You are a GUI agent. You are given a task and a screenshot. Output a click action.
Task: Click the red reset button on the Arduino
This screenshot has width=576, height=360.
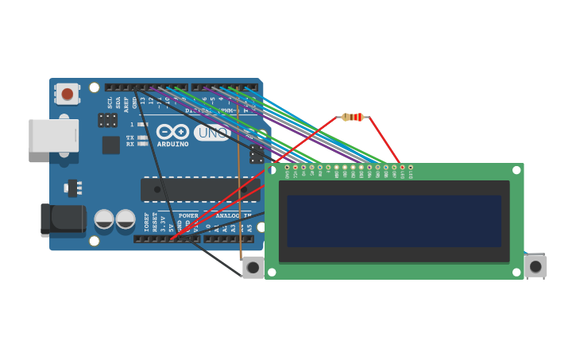pos(68,94)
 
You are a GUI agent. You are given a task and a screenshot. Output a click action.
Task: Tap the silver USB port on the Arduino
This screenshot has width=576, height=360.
pos(53,135)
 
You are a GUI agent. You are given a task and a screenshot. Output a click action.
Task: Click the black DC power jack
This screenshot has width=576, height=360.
pos(63,219)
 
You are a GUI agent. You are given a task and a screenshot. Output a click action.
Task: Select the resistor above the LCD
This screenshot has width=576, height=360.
pos(353,117)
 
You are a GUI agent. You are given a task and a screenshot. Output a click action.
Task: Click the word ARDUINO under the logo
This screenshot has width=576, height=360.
pos(172,145)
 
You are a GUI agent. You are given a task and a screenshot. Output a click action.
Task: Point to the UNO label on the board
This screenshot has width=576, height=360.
pos(211,133)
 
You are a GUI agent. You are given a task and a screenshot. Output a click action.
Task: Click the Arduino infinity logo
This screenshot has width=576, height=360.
pos(172,131)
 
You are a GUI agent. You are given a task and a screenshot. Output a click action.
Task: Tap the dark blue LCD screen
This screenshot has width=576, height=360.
pos(394,221)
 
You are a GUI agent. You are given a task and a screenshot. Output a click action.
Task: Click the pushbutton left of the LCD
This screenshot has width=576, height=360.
pos(253,267)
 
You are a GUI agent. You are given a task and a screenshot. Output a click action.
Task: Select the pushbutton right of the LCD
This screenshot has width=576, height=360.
pos(535,265)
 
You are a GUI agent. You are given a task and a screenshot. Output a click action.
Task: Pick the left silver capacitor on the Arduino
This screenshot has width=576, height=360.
pos(104,219)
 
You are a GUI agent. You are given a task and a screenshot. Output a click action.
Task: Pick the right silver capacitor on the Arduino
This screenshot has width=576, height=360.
pos(126,219)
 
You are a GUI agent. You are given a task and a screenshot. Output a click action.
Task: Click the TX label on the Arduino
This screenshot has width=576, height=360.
pos(130,137)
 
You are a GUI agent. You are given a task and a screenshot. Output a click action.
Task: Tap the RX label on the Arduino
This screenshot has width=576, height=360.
pos(130,145)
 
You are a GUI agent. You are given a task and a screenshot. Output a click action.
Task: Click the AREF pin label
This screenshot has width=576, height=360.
pos(126,103)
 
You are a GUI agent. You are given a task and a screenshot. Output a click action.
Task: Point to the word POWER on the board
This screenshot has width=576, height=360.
pos(188,215)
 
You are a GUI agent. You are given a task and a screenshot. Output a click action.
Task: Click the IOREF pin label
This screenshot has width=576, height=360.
pos(146,222)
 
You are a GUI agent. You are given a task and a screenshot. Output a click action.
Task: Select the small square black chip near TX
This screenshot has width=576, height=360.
pos(110,145)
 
